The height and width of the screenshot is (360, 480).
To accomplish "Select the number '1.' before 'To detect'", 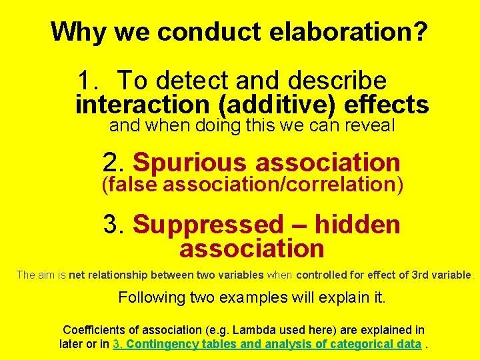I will (89, 81).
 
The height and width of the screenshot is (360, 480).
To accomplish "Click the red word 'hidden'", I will (357, 225).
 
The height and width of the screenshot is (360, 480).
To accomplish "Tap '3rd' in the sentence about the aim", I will (419, 275).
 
